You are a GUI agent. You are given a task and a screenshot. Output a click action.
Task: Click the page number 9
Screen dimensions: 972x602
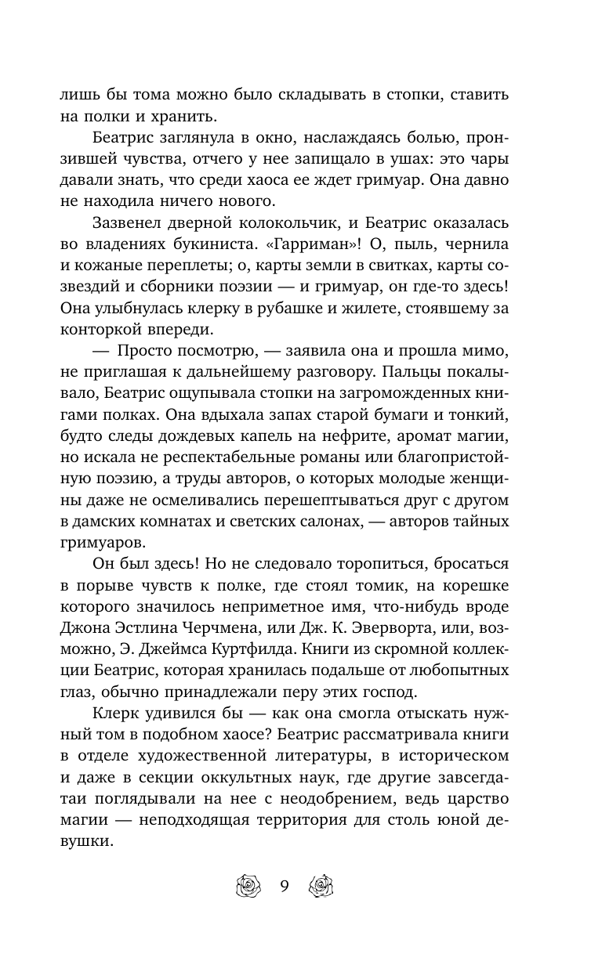tap(285, 887)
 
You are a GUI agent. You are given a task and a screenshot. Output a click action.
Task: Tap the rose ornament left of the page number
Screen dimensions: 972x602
tap(248, 887)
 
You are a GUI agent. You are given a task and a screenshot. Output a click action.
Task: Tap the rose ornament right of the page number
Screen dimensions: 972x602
tap(321, 887)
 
